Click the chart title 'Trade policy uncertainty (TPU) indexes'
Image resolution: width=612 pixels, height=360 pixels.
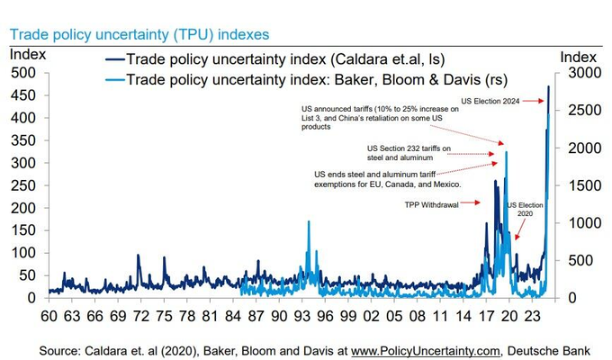(x=139, y=34)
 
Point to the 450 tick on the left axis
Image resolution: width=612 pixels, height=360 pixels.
(x=22, y=95)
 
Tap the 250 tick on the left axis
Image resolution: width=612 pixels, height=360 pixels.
(x=22, y=185)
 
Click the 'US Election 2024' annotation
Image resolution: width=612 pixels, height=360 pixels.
(x=490, y=100)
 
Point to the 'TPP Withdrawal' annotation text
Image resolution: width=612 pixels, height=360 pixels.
(x=432, y=204)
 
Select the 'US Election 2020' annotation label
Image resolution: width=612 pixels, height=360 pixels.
(x=526, y=210)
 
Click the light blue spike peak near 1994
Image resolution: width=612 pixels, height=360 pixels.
(x=309, y=221)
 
